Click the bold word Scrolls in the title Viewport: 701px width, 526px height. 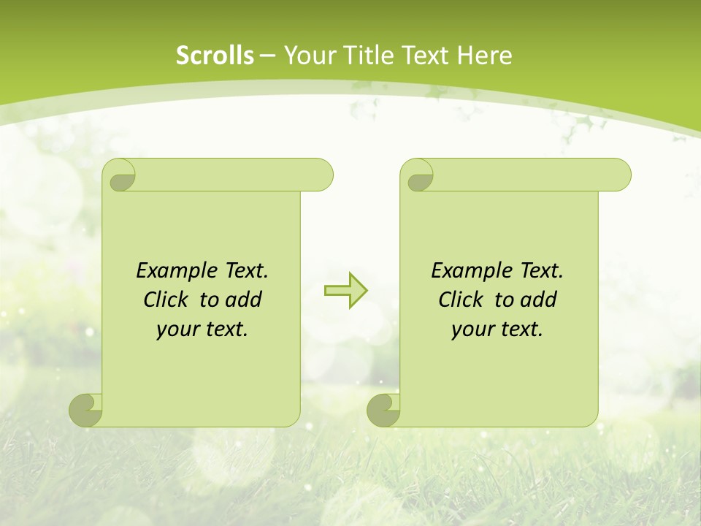pyautogui.click(x=215, y=56)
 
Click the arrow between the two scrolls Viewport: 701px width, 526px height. pyautogui.click(x=345, y=291)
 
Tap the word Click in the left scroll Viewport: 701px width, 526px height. pyautogui.click(x=165, y=300)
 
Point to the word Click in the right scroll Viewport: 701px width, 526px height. pyautogui.click(x=460, y=300)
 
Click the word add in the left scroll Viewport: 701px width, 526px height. pyautogui.click(x=243, y=300)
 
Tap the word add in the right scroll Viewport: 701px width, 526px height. pyautogui.click(x=538, y=300)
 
